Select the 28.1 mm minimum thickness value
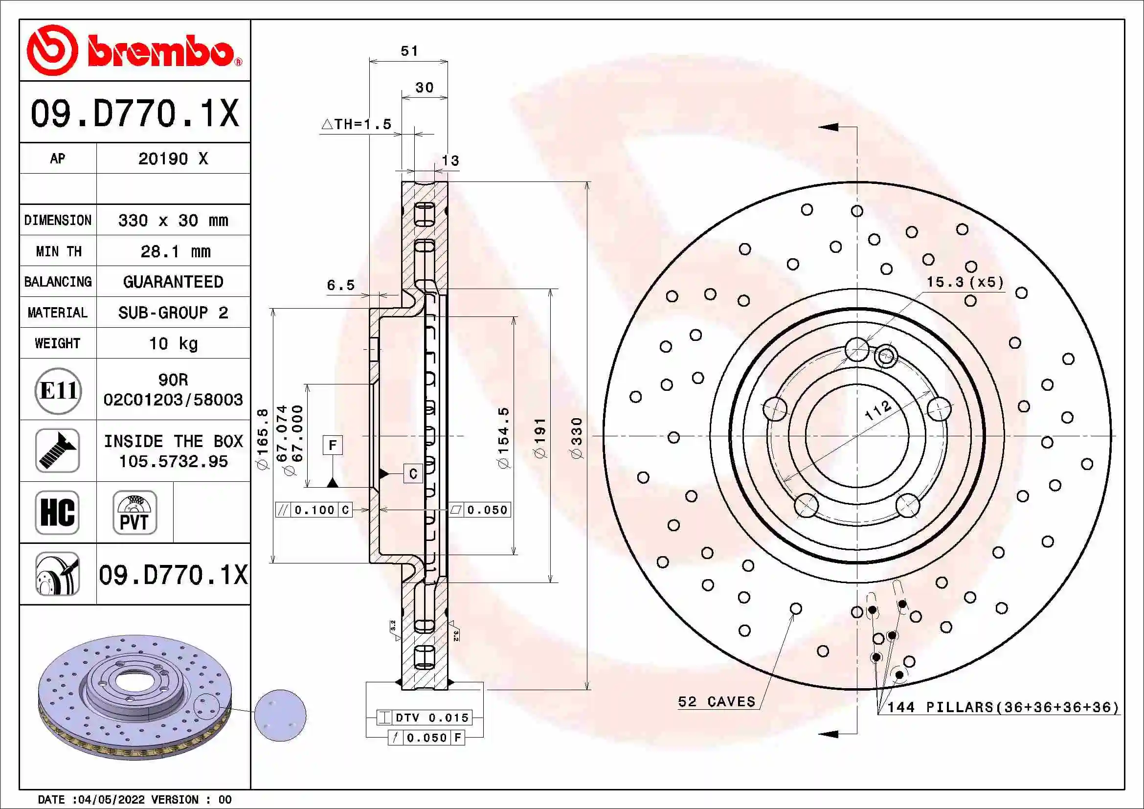click(175, 251)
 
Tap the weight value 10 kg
click(174, 343)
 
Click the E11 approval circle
click(58, 390)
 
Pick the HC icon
click(57, 513)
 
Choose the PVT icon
click(135, 513)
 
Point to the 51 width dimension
click(409, 51)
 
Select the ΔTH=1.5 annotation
click(357, 124)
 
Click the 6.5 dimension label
click(341, 285)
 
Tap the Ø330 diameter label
click(577, 438)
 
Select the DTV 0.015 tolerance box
click(431, 718)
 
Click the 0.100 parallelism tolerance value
click(314, 510)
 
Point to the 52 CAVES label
click(717, 701)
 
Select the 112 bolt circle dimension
click(878, 410)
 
